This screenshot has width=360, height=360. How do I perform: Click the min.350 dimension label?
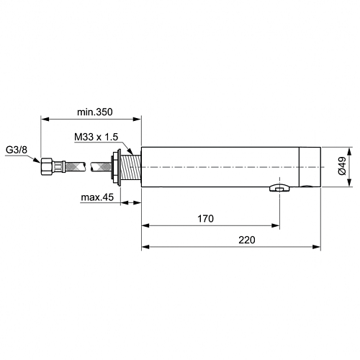click(x=95, y=112)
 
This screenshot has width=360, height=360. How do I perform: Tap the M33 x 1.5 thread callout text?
click(x=96, y=137)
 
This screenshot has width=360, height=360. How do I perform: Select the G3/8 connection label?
click(x=17, y=150)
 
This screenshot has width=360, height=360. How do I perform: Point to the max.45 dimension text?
click(x=97, y=197)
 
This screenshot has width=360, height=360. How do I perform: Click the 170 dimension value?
click(x=205, y=219)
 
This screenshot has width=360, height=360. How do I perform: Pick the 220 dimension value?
click(x=247, y=240)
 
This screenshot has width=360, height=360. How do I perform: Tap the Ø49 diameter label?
click(x=342, y=166)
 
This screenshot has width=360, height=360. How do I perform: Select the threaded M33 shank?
click(x=130, y=168)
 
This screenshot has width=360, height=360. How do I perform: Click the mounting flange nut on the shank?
click(x=116, y=167)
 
